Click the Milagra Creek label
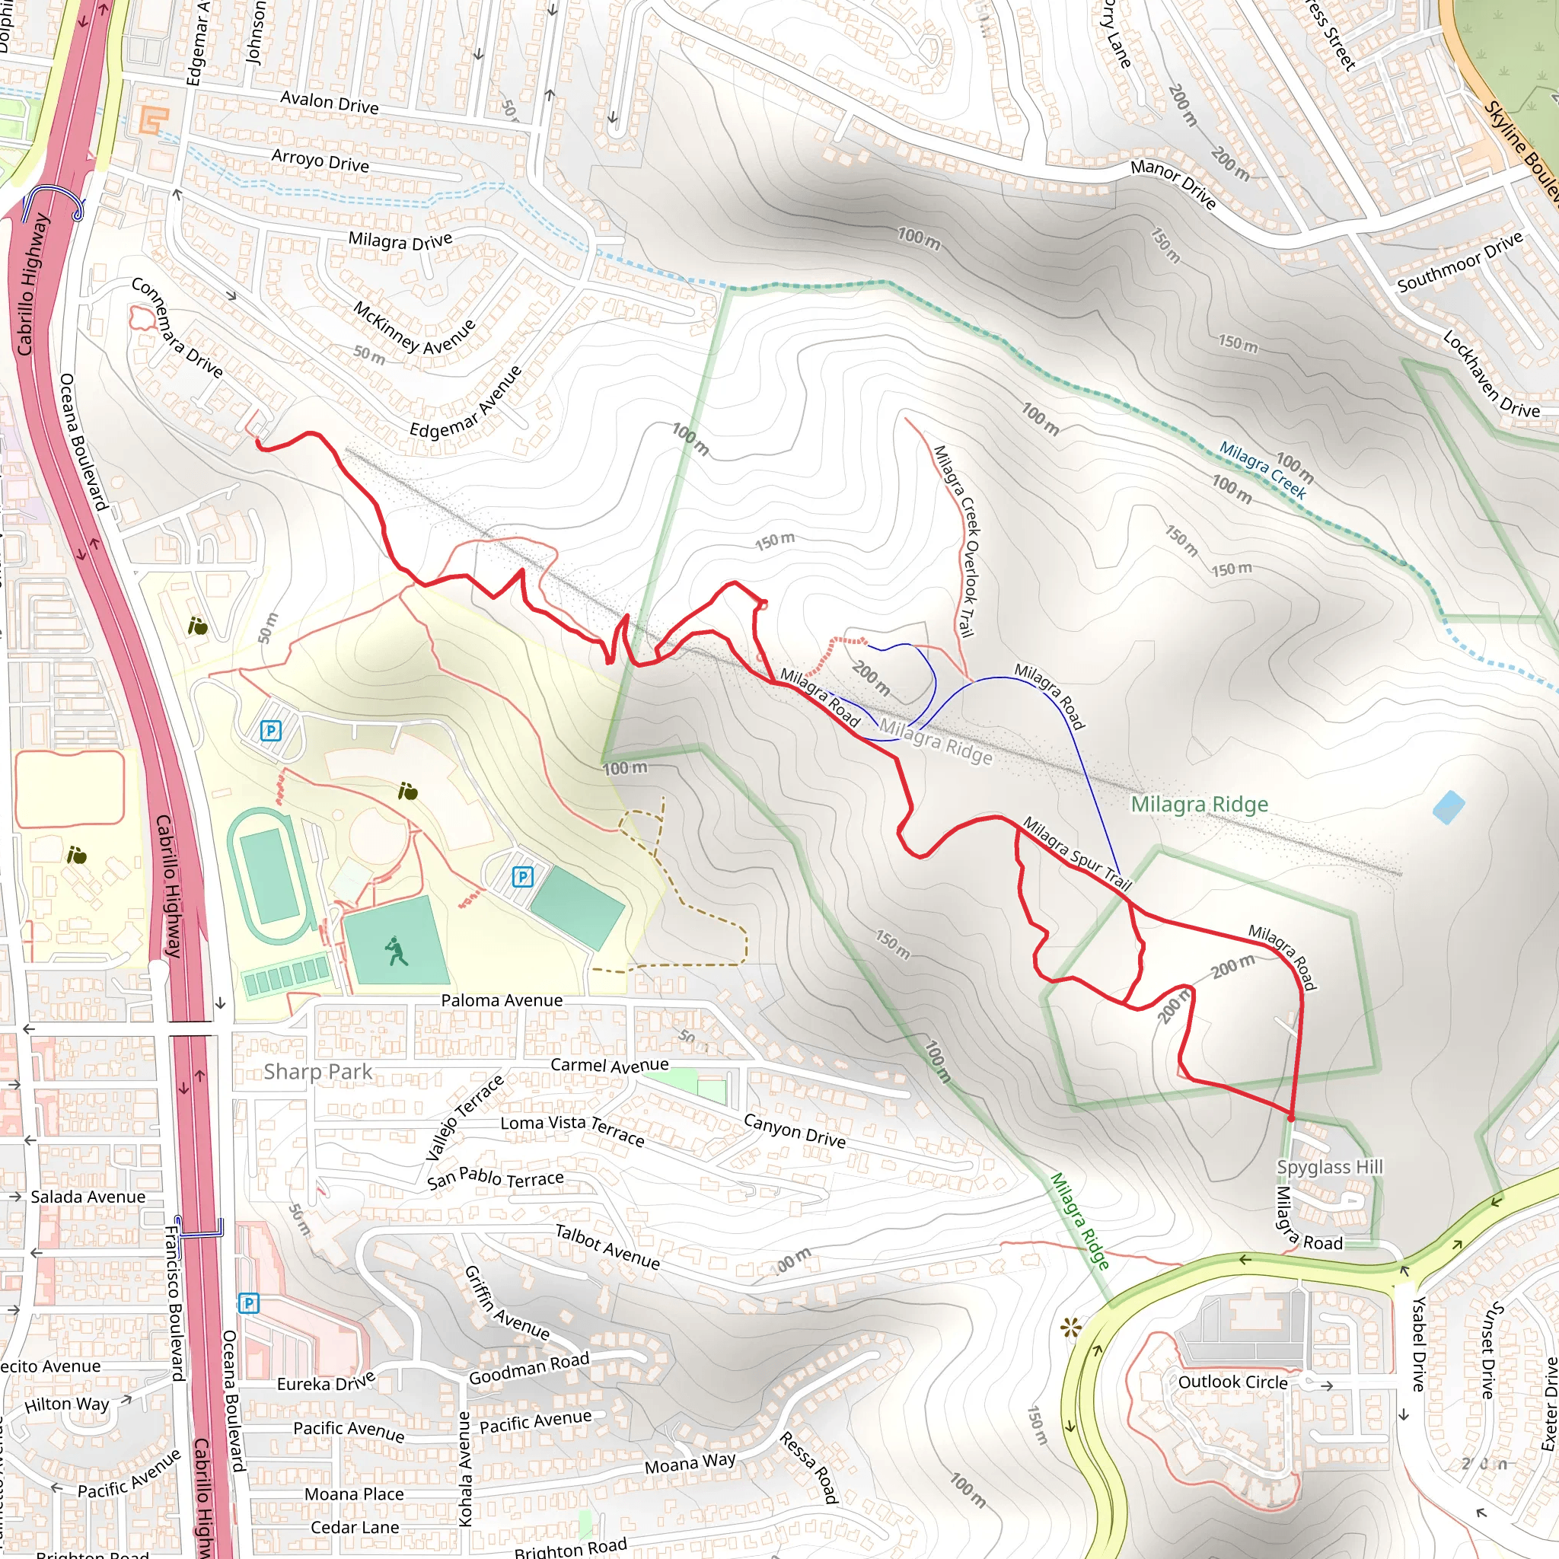coord(1262,470)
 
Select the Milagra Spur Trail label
coord(1077,853)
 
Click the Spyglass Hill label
coord(1329,1167)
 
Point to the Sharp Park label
coord(318,1072)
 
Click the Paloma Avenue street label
coord(501,1000)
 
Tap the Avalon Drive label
coord(329,103)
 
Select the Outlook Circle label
coord(1232,1382)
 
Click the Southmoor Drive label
coord(1460,261)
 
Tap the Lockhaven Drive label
coord(1490,373)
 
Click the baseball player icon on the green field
coord(395,950)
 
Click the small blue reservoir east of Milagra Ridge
coord(1449,807)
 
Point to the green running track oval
coord(269,875)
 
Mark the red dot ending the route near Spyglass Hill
coord(1291,1118)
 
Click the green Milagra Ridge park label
coord(1199,804)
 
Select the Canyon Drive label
coord(794,1130)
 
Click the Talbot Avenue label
coord(607,1247)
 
